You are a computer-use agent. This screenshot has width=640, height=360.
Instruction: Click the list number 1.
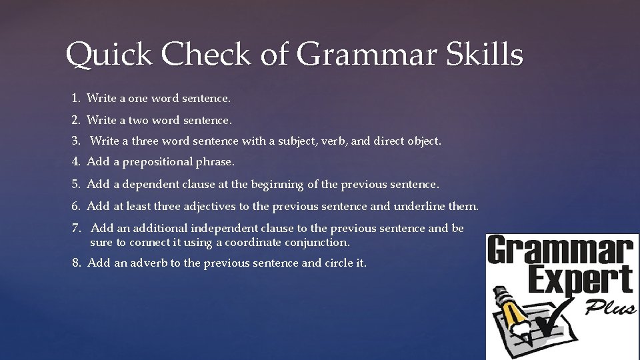click(x=75, y=99)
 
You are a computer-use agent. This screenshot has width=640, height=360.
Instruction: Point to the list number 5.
click(x=76, y=184)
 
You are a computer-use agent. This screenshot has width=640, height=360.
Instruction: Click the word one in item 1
click(x=137, y=99)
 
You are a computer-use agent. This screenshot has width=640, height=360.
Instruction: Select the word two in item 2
click(x=138, y=121)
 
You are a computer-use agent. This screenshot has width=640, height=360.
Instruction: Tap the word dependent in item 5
click(x=148, y=184)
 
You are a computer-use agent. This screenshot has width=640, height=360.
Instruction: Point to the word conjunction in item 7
click(x=315, y=242)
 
